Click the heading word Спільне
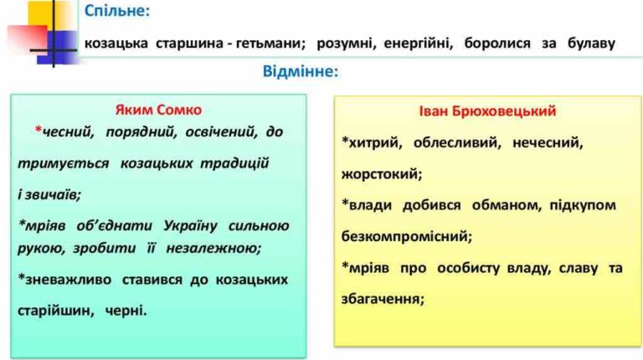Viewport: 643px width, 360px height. (117, 11)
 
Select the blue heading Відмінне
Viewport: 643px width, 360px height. (301, 71)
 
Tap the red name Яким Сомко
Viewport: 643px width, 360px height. (158, 110)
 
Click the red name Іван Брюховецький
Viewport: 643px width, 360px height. (487, 111)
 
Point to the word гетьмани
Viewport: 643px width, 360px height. (271, 43)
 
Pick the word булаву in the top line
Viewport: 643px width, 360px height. (591, 44)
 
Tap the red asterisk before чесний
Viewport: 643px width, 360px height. (39, 130)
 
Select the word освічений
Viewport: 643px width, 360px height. (221, 132)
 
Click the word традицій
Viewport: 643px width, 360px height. (234, 163)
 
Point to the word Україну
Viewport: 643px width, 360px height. (190, 225)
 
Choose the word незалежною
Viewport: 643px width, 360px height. (213, 248)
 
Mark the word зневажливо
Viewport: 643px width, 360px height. (64, 280)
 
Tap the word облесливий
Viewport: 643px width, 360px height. (457, 142)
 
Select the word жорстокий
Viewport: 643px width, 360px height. (382, 174)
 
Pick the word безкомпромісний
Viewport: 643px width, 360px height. (407, 237)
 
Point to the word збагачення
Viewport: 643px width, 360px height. (383, 300)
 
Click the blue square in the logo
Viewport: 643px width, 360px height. (61, 46)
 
